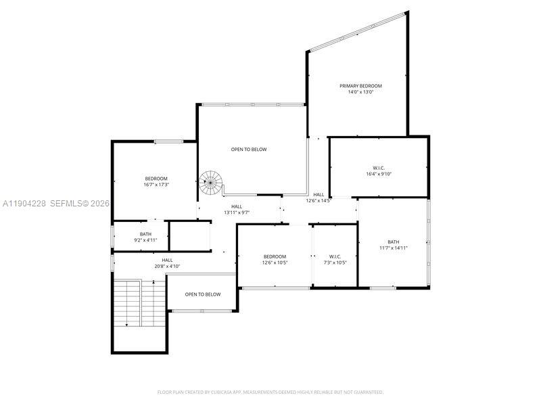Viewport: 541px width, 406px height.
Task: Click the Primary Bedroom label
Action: (x=360, y=86)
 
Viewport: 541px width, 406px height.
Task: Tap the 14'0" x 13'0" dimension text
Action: (x=360, y=92)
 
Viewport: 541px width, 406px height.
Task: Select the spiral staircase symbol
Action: (x=210, y=181)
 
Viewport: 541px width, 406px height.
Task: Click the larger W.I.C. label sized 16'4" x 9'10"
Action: (x=378, y=168)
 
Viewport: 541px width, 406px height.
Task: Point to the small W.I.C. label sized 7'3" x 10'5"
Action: (x=335, y=256)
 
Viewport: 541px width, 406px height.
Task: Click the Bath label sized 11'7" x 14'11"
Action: (x=393, y=242)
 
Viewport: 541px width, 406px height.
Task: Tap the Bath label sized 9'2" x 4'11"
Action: (x=146, y=234)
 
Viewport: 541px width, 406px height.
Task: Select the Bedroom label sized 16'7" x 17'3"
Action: (x=156, y=179)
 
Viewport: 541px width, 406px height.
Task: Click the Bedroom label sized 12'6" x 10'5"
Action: (x=275, y=256)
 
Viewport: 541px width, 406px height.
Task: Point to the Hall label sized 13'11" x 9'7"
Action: (x=237, y=207)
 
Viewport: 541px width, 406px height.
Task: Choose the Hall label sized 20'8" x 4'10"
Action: (x=167, y=260)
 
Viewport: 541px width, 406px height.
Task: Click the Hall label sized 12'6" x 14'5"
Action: (x=319, y=195)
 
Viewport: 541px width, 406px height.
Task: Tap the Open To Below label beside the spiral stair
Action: (x=249, y=150)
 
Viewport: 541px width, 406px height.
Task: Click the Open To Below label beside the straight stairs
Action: (x=203, y=294)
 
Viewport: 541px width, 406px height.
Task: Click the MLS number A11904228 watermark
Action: (x=24, y=203)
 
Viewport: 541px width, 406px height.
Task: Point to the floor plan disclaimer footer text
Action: (x=270, y=392)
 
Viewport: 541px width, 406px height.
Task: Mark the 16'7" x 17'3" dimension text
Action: (x=156, y=185)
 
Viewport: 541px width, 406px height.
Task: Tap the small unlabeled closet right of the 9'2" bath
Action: (x=189, y=236)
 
